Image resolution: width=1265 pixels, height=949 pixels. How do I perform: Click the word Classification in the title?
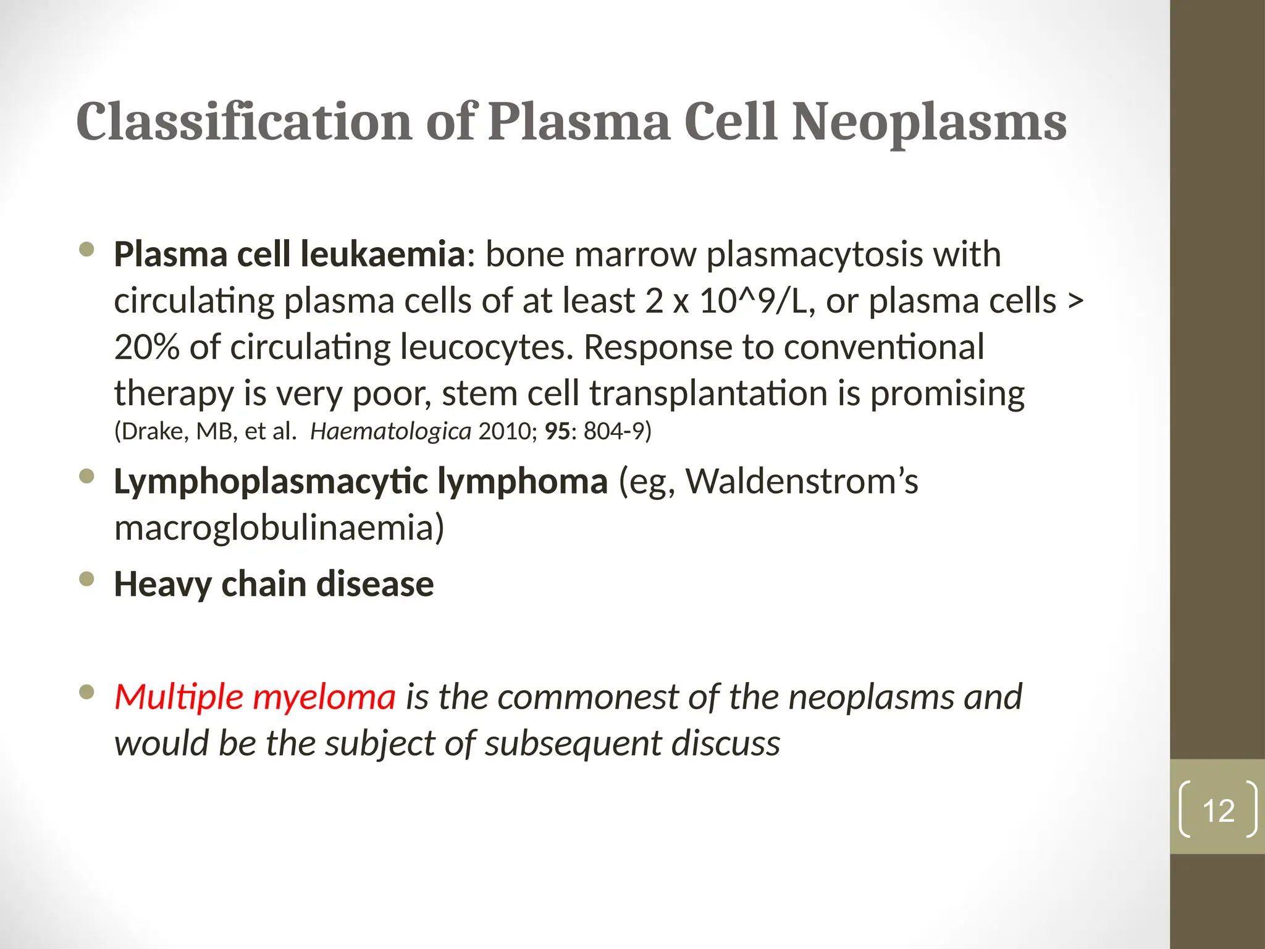(244, 122)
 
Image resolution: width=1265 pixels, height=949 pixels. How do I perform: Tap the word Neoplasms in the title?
(929, 122)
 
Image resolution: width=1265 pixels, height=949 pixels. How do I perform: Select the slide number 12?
(1218, 810)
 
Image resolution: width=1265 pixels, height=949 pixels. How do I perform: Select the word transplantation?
(708, 394)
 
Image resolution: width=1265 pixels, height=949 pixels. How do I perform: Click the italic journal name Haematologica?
(390, 431)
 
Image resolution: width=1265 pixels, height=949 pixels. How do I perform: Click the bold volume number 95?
(557, 431)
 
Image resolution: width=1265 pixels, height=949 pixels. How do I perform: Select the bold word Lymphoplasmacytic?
(271, 481)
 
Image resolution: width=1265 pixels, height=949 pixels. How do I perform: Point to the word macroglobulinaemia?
(279, 528)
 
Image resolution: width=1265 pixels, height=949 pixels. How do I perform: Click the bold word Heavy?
(163, 584)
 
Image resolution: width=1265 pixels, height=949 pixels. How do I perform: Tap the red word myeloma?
(324, 697)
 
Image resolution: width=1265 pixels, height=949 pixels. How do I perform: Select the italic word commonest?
(587, 697)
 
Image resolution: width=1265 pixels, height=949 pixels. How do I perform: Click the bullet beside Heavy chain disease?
(87, 579)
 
